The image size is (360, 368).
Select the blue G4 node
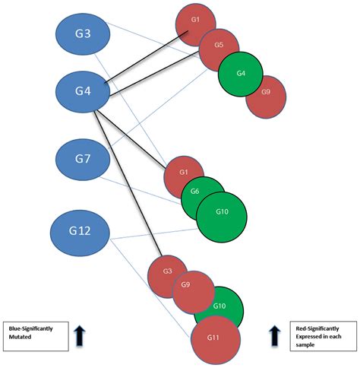point(84,92)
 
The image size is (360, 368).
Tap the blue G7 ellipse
point(84,160)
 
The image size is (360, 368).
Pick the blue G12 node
point(81,229)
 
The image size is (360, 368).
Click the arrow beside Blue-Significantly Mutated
point(78,336)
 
